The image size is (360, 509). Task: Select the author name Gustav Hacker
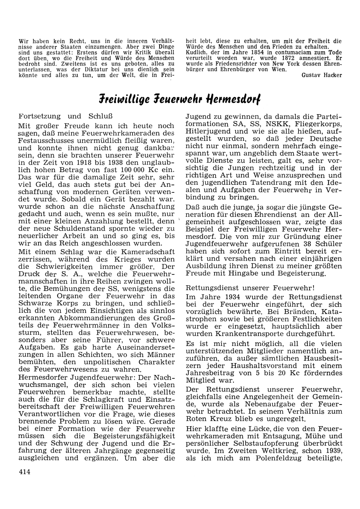[322, 75]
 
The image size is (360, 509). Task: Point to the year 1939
[330, 451]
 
